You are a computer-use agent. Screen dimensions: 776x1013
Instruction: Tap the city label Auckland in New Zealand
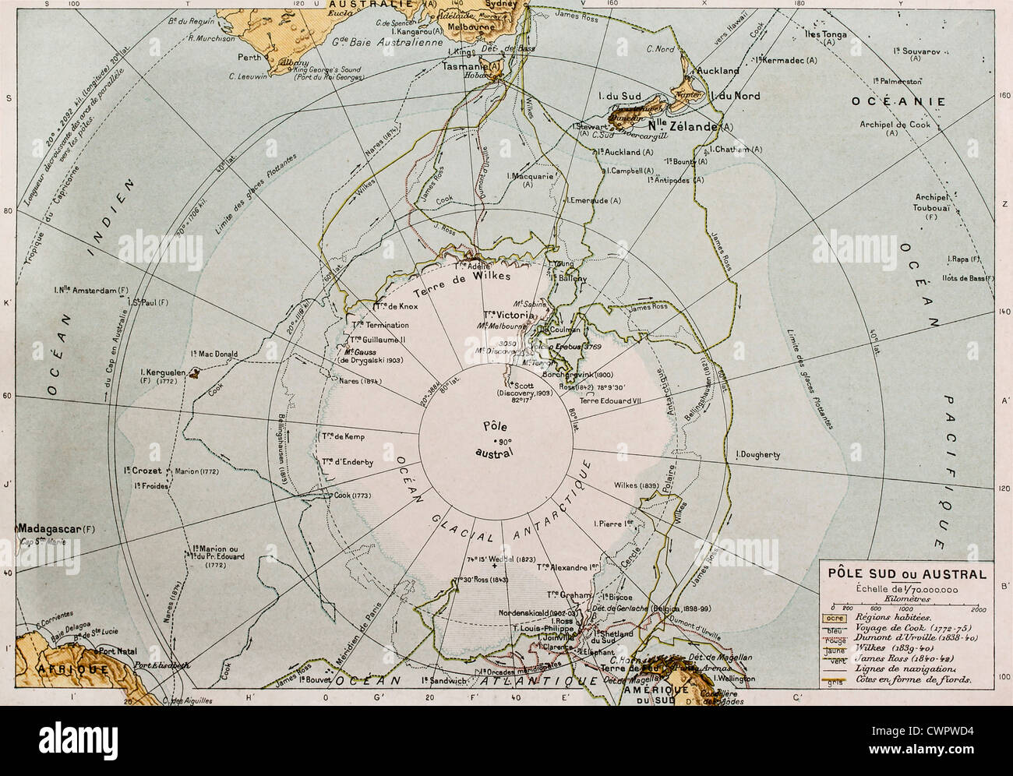point(718,70)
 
